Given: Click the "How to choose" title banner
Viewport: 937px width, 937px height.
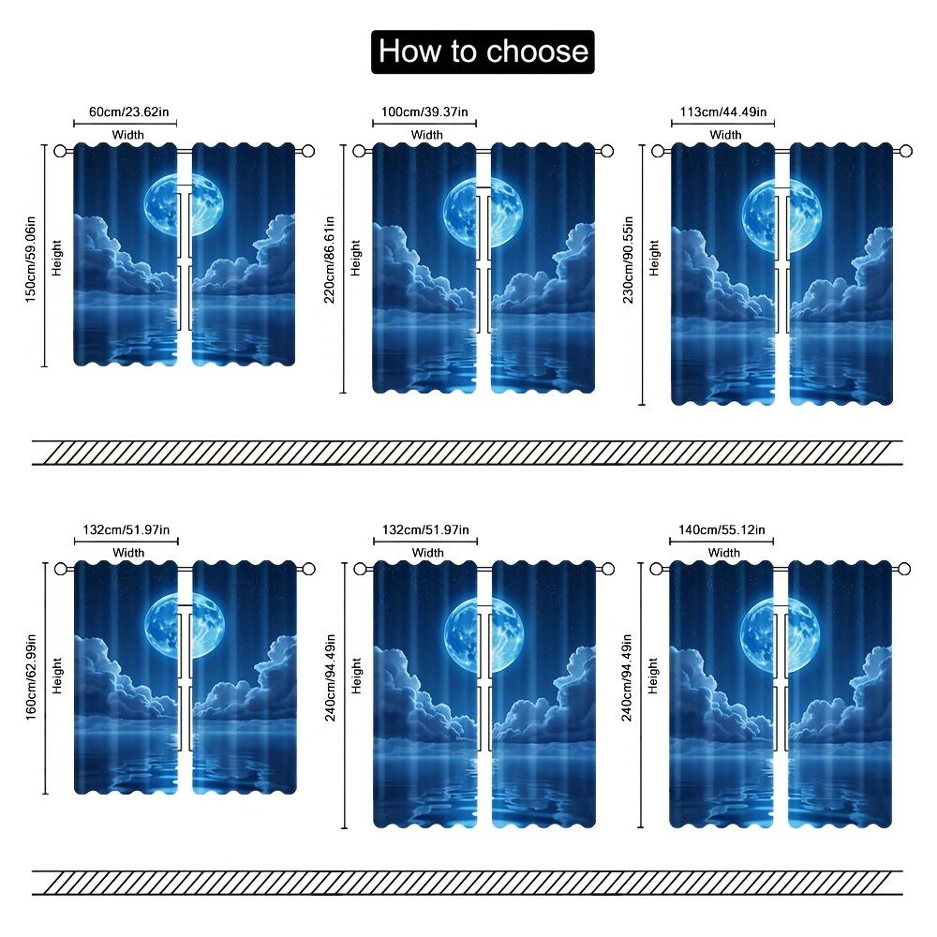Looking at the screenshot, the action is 483,52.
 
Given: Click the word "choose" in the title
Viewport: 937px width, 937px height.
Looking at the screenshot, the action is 536,52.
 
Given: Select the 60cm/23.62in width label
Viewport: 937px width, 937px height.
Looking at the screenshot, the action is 129,112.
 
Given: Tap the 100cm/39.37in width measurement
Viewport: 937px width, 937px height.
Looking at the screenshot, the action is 424,112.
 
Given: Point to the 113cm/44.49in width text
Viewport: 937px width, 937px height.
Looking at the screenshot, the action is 723,112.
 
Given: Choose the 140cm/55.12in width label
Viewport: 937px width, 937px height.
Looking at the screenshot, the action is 721,529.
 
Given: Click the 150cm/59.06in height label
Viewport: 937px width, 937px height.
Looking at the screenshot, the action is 31,259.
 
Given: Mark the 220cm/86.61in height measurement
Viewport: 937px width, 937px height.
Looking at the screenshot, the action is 329,260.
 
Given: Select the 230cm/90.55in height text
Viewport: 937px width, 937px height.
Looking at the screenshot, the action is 628,260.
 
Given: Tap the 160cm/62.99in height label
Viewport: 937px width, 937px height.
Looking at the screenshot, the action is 31,677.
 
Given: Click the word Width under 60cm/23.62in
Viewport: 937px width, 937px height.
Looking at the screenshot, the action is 127,135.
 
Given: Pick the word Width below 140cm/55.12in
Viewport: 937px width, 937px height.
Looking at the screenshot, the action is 723,553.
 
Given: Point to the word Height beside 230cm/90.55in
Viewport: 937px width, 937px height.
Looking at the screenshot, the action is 654,259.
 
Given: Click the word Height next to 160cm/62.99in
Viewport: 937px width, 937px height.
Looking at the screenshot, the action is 57,676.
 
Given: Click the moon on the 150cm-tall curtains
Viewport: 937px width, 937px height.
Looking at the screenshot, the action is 184,204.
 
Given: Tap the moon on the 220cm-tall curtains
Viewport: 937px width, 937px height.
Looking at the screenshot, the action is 483,212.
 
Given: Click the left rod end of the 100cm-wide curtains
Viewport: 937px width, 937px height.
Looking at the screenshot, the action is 359,151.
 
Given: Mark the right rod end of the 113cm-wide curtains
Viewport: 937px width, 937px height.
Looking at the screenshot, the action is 906,151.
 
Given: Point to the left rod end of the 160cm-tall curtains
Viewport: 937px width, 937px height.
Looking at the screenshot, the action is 61,569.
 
